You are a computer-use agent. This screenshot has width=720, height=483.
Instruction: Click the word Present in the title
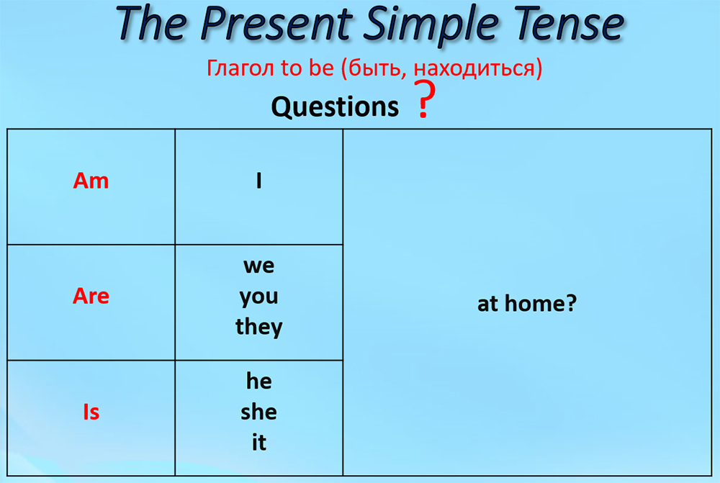tap(276, 24)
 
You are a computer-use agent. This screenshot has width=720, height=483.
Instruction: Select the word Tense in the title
tap(569, 23)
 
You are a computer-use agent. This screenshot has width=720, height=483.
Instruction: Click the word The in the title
tap(151, 23)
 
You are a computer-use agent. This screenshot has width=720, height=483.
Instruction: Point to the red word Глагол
tap(241, 68)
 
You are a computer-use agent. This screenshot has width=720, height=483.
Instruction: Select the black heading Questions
tap(335, 107)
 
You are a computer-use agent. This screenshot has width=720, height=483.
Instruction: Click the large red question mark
tap(425, 99)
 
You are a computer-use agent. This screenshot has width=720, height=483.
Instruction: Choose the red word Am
tap(91, 181)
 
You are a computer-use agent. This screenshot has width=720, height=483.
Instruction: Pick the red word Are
tap(91, 296)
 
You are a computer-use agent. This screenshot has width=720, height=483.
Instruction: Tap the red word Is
tap(91, 412)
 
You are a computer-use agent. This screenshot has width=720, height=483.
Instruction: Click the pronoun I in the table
tap(259, 181)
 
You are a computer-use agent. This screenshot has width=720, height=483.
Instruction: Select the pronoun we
tap(259, 266)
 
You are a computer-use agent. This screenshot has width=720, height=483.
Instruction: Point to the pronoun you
tap(259, 297)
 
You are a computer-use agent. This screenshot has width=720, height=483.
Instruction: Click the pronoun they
tap(259, 327)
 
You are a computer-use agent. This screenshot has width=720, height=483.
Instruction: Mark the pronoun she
tap(259, 412)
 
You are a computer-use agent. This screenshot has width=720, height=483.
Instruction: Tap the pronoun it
tap(259, 442)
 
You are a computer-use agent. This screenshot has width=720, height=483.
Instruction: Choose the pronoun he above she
tap(259, 381)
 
